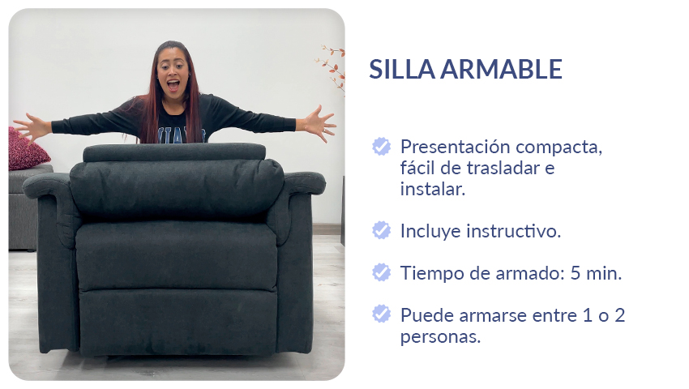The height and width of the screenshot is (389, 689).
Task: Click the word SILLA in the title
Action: tap(402, 69)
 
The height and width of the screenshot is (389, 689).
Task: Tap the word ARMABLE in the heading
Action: tap(502, 69)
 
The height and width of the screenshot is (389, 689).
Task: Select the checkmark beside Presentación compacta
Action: tap(382, 147)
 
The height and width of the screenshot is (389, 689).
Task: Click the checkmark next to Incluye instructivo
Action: tap(382, 230)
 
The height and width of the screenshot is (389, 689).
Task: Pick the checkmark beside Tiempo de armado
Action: tap(382, 272)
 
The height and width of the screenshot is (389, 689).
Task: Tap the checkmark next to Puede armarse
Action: tap(382, 314)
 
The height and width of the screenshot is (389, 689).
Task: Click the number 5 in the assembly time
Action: tap(576, 273)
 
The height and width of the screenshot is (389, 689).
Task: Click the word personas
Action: tap(440, 338)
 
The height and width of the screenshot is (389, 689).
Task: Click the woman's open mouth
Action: tap(173, 84)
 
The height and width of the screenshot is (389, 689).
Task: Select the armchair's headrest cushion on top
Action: tap(174, 152)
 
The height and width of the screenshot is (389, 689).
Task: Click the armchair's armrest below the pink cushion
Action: tap(46, 185)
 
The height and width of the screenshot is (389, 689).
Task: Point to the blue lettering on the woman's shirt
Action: tap(181, 135)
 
